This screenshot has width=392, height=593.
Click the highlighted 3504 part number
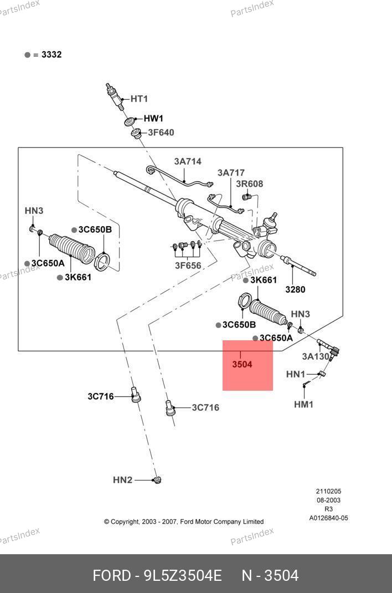pyautogui.click(x=242, y=365)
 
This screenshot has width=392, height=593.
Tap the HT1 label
pyautogui.click(x=139, y=99)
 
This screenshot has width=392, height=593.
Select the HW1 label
pyautogui.click(x=153, y=119)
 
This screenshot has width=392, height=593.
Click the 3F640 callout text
pyautogui.click(x=161, y=132)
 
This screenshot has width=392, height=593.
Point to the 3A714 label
pyautogui.click(x=188, y=162)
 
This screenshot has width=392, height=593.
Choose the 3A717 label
pyautogui.click(x=231, y=173)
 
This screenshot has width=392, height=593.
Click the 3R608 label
pyautogui.click(x=249, y=184)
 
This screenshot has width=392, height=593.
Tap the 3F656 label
pyautogui.click(x=188, y=265)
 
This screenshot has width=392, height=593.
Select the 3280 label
pyautogui.click(x=295, y=289)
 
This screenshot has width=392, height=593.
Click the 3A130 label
pyautogui.click(x=316, y=356)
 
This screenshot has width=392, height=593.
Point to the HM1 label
pyautogui.click(x=303, y=405)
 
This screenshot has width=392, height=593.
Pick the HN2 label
pyautogui.click(x=122, y=480)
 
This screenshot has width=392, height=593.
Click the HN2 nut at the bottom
pyautogui.click(x=157, y=479)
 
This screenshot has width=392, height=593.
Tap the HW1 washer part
pyautogui.click(x=128, y=122)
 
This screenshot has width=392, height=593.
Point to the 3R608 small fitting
pyautogui.click(x=247, y=196)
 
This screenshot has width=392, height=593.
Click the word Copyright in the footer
pyautogui.click(x=124, y=522)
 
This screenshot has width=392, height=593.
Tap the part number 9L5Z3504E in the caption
pyautogui.click(x=183, y=576)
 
